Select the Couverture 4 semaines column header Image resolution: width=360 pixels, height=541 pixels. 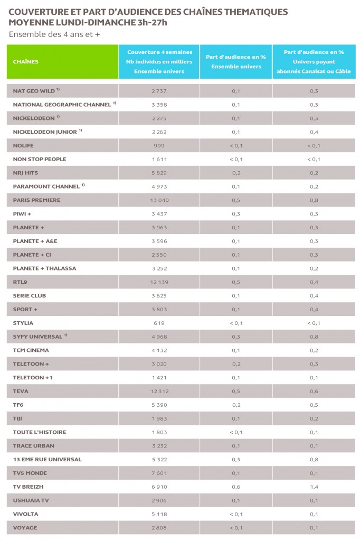point(159,62)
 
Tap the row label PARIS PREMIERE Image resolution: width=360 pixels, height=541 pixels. point(36,200)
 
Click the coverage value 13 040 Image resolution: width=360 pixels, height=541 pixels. point(159,200)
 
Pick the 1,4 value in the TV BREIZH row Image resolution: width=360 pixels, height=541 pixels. point(314,487)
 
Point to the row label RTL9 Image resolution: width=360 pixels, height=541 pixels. point(20,282)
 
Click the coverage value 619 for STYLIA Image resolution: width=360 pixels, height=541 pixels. point(159,323)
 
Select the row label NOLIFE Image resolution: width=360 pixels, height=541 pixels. point(23,145)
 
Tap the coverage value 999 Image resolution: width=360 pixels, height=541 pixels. point(159,145)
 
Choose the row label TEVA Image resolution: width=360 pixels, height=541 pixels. point(21,391)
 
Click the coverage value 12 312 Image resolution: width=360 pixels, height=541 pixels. point(159,391)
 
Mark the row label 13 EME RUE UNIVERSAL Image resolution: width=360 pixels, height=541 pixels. point(47,460)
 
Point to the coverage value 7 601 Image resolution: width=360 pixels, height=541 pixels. point(159,473)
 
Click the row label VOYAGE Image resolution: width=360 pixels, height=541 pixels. point(25,528)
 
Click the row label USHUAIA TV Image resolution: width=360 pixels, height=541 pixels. point(31,500)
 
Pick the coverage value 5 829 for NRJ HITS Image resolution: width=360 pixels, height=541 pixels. point(159,173)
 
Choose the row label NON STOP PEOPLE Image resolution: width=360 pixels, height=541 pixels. point(40,159)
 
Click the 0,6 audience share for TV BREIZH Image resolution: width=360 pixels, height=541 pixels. point(236,487)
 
